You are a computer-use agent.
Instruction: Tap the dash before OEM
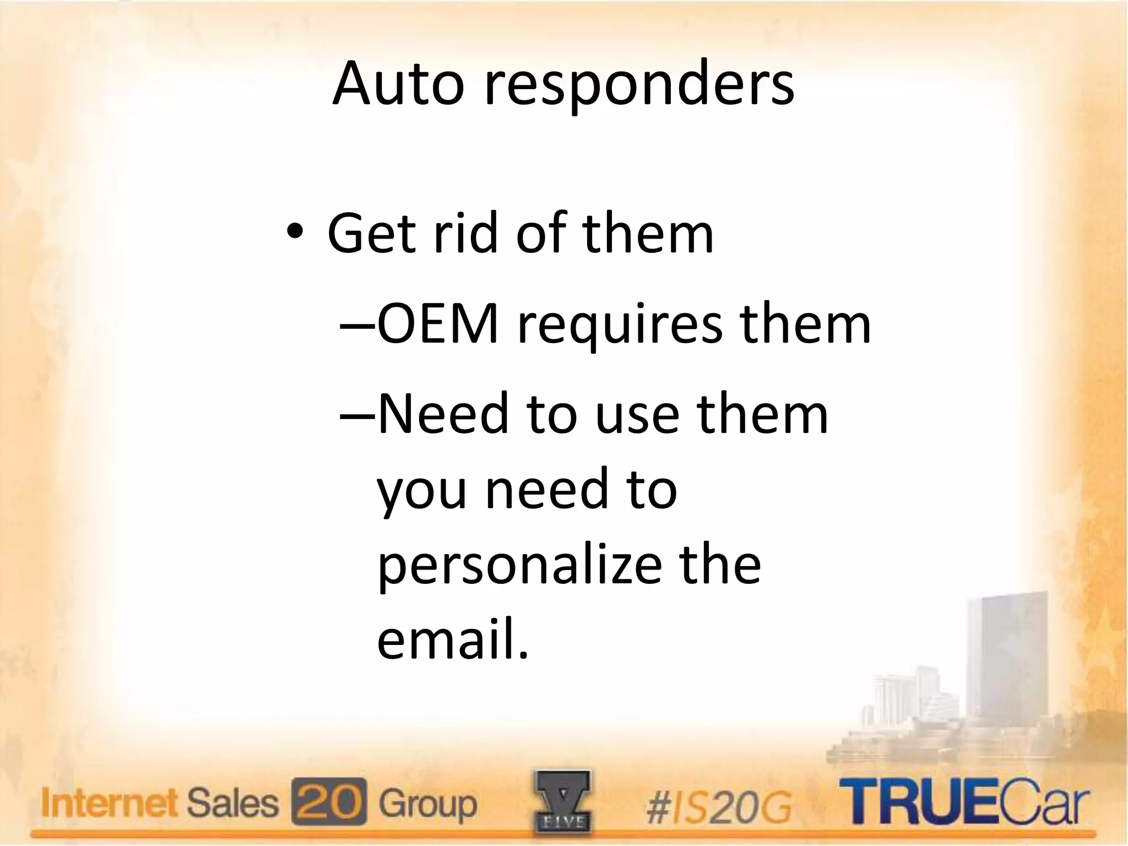click(x=357, y=326)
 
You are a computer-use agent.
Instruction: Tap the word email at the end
click(x=446, y=639)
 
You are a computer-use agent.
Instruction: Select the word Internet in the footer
click(x=110, y=804)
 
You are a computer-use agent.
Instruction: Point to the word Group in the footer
click(x=427, y=805)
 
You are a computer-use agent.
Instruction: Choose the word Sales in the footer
click(x=232, y=804)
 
